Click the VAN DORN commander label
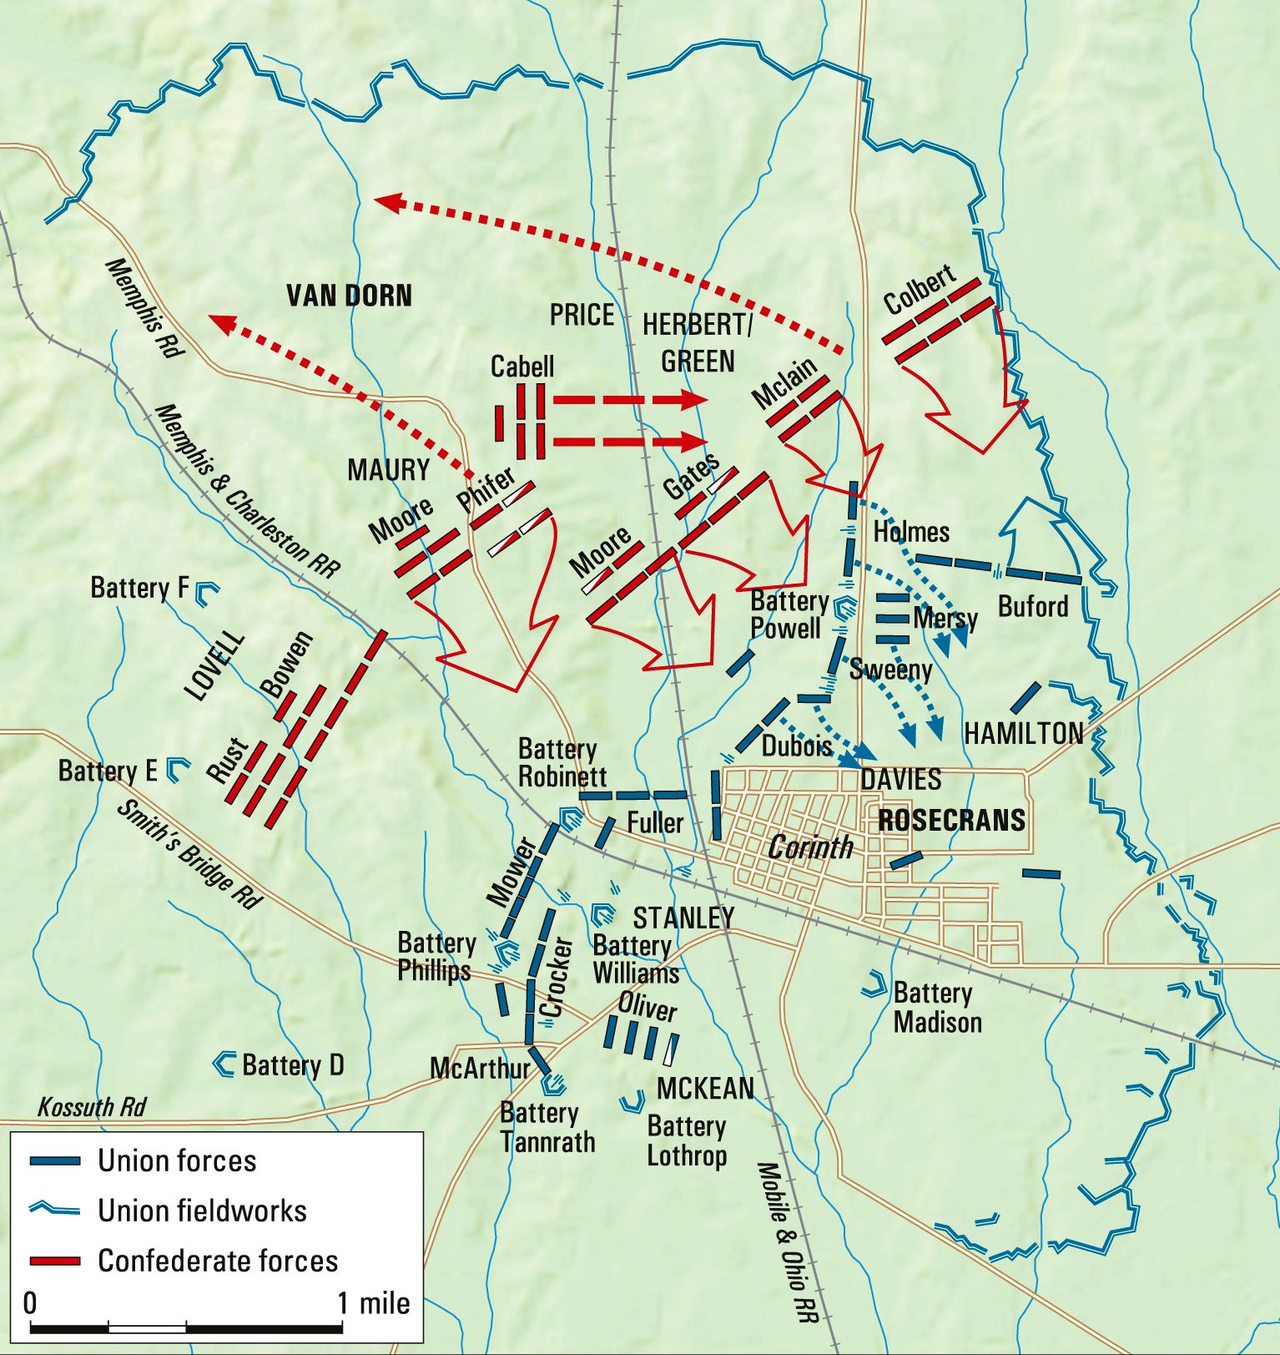(349, 296)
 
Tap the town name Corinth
(810, 847)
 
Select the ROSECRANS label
(951, 821)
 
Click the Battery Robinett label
(562, 762)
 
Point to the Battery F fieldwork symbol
(206, 592)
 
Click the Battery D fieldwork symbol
(224, 1064)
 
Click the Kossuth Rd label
(92, 1107)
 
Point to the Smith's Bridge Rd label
(189, 854)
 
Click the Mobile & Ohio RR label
(787, 1241)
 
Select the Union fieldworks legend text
(202, 1211)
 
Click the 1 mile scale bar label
(373, 1303)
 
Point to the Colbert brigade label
(919, 290)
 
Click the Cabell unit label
(522, 366)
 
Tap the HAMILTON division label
(1023, 734)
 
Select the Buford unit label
(1033, 606)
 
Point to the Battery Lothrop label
(687, 1140)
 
